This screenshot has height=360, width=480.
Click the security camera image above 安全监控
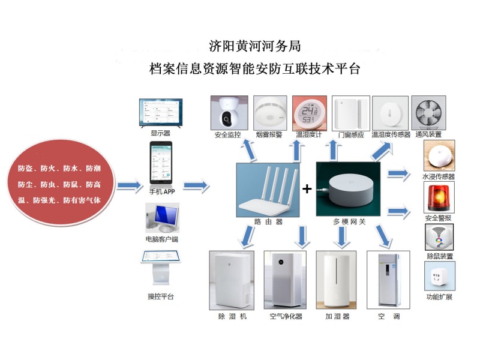click(x=229, y=113)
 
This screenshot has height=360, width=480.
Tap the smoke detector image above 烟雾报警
click(x=270, y=113)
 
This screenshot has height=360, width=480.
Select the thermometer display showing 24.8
click(x=310, y=113)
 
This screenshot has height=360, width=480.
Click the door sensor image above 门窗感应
click(x=351, y=113)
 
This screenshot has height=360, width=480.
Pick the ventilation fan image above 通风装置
click(x=428, y=113)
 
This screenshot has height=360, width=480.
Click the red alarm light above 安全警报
click(x=439, y=197)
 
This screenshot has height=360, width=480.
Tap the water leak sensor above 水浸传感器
click(x=439, y=155)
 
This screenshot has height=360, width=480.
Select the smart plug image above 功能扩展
click(x=440, y=276)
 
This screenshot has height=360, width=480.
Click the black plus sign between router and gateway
click(x=307, y=188)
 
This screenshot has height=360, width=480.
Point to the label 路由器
click(x=268, y=221)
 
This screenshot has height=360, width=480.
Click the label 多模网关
click(x=349, y=221)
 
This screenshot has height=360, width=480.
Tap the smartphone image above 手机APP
click(x=161, y=163)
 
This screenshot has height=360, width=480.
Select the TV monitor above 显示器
click(x=161, y=112)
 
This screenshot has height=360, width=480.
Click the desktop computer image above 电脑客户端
click(x=162, y=218)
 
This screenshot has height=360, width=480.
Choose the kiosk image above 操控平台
click(x=161, y=267)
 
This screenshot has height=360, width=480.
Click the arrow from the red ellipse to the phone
click(x=130, y=185)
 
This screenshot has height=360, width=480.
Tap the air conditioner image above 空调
click(x=388, y=280)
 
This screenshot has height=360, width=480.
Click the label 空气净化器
click(x=286, y=316)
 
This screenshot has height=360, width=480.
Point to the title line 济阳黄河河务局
click(x=254, y=46)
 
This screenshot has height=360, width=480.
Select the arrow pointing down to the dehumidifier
click(x=248, y=236)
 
